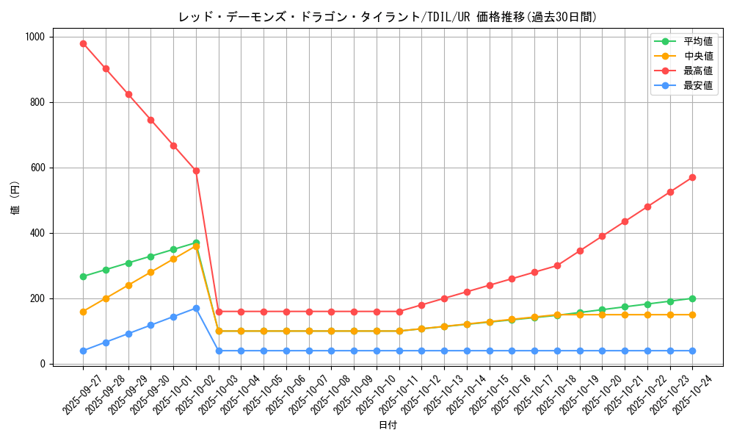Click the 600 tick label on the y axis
pos(37,168)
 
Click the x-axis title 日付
pos(388,426)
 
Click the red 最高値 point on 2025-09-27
pos(83,43)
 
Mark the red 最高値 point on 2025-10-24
pos(692,177)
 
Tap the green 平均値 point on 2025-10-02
pos(196,243)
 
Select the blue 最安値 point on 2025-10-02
pos(196,308)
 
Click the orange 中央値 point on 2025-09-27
pos(83,312)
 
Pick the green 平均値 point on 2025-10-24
pos(692,298)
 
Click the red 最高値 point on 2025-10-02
pos(196,171)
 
